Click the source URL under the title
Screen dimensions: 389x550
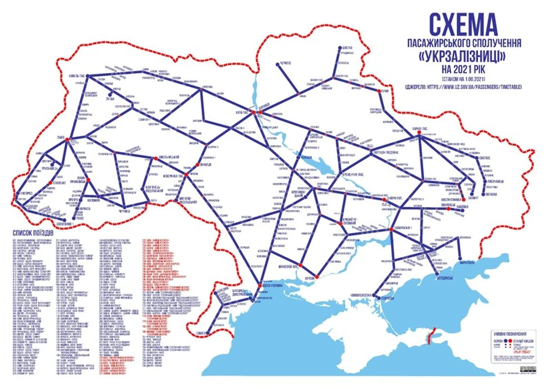[462, 87]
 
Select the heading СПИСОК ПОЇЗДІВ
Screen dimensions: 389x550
[33, 233]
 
